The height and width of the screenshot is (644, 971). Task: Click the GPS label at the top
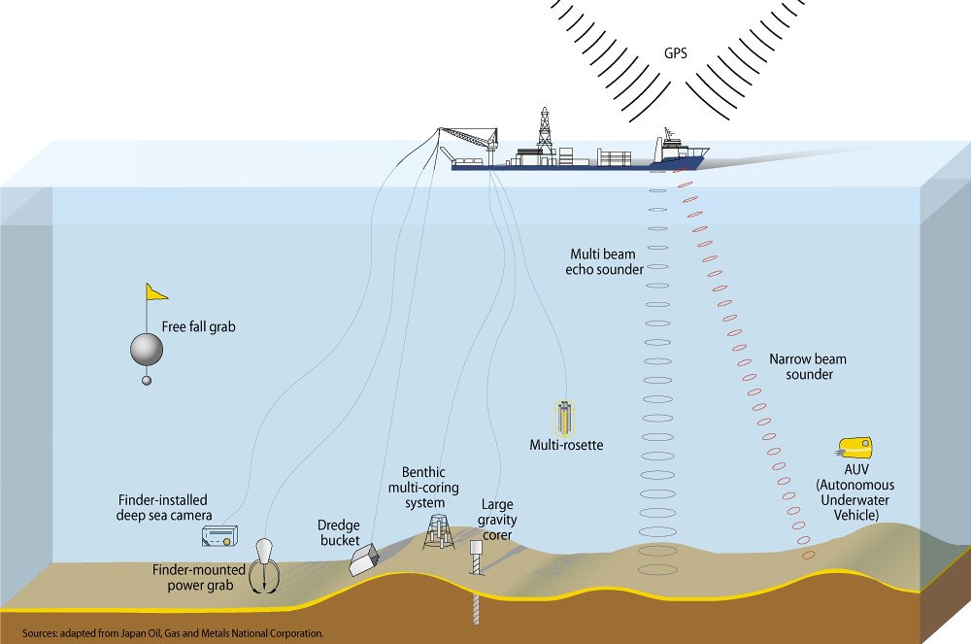(x=676, y=54)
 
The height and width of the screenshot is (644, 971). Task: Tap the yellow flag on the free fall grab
(x=156, y=291)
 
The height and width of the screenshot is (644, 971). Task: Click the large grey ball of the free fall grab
(x=147, y=349)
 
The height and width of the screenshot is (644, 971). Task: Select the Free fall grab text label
(x=199, y=327)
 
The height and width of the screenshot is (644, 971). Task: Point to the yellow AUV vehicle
(x=854, y=448)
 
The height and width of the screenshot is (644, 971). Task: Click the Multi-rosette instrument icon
(x=563, y=417)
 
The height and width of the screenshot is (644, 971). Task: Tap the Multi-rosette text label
(x=566, y=446)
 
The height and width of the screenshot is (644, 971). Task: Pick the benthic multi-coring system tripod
(x=438, y=530)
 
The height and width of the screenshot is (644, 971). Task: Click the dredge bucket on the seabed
(x=366, y=558)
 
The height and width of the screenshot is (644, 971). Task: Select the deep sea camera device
(x=219, y=536)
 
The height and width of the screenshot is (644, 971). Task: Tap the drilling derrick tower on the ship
(x=544, y=130)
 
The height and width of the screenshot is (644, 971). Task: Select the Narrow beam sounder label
(x=801, y=366)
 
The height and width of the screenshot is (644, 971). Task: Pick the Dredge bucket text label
(x=339, y=532)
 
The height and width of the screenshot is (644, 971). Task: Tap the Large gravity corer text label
(x=497, y=520)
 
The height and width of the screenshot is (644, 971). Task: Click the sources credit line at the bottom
(x=172, y=632)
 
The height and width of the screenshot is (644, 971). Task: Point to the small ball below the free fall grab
(x=147, y=380)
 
